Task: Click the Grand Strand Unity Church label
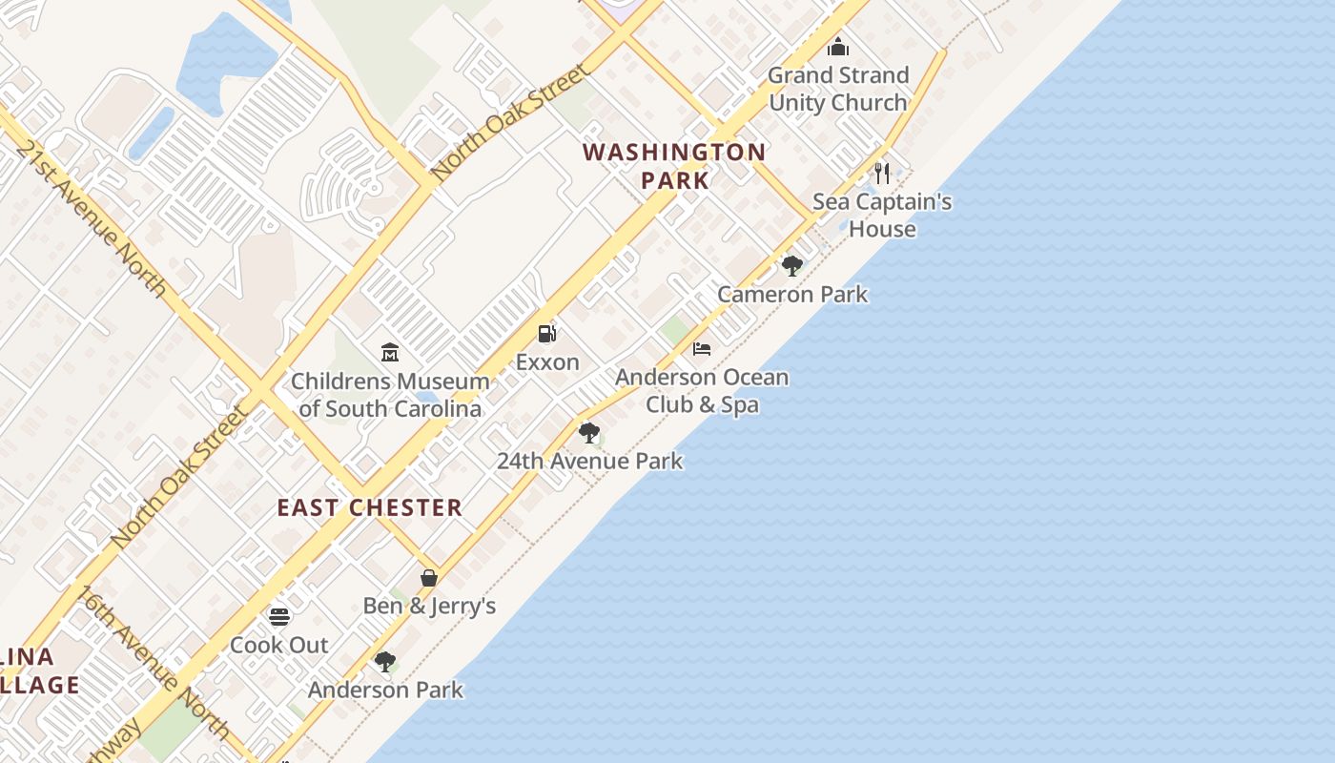pyautogui.click(x=838, y=89)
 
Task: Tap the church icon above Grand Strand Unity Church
pyautogui.click(x=838, y=46)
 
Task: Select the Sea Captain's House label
pyautogui.click(x=882, y=216)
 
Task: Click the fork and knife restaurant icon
pyautogui.click(x=882, y=174)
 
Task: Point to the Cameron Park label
pyautogui.click(x=792, y=294)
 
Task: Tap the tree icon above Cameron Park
pyautogui.click(x=791, y=265)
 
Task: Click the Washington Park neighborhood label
pyautogui.click(x=674, y=166)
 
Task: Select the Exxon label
pyautogui.click(x=547, y=362)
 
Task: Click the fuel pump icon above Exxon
pyautogui.click(x=547, y=334)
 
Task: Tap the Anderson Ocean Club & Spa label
pyautogui.click(x=702, y=391)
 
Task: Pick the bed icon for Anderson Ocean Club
pyautogui.click(x=702, y=349)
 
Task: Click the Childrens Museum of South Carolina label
pyautogui.click(x=390, y=395)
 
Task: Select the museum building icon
pyautogui.click(x=389, y=353)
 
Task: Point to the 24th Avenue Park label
pyautogui.click(x=589, y=462)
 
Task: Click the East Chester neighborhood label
pyautogui.click(x=370, y=507)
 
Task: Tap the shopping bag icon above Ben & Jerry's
pyautogui.click(x=429, y=578)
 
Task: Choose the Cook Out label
pyautogui.click(x=279, y=645)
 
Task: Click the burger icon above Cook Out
pyautogui.click(x=278, y=616)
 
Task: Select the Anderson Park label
pyautogui.click(x=385, y=690)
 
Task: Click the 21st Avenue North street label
pyautogui.click(x=92, y=219)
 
